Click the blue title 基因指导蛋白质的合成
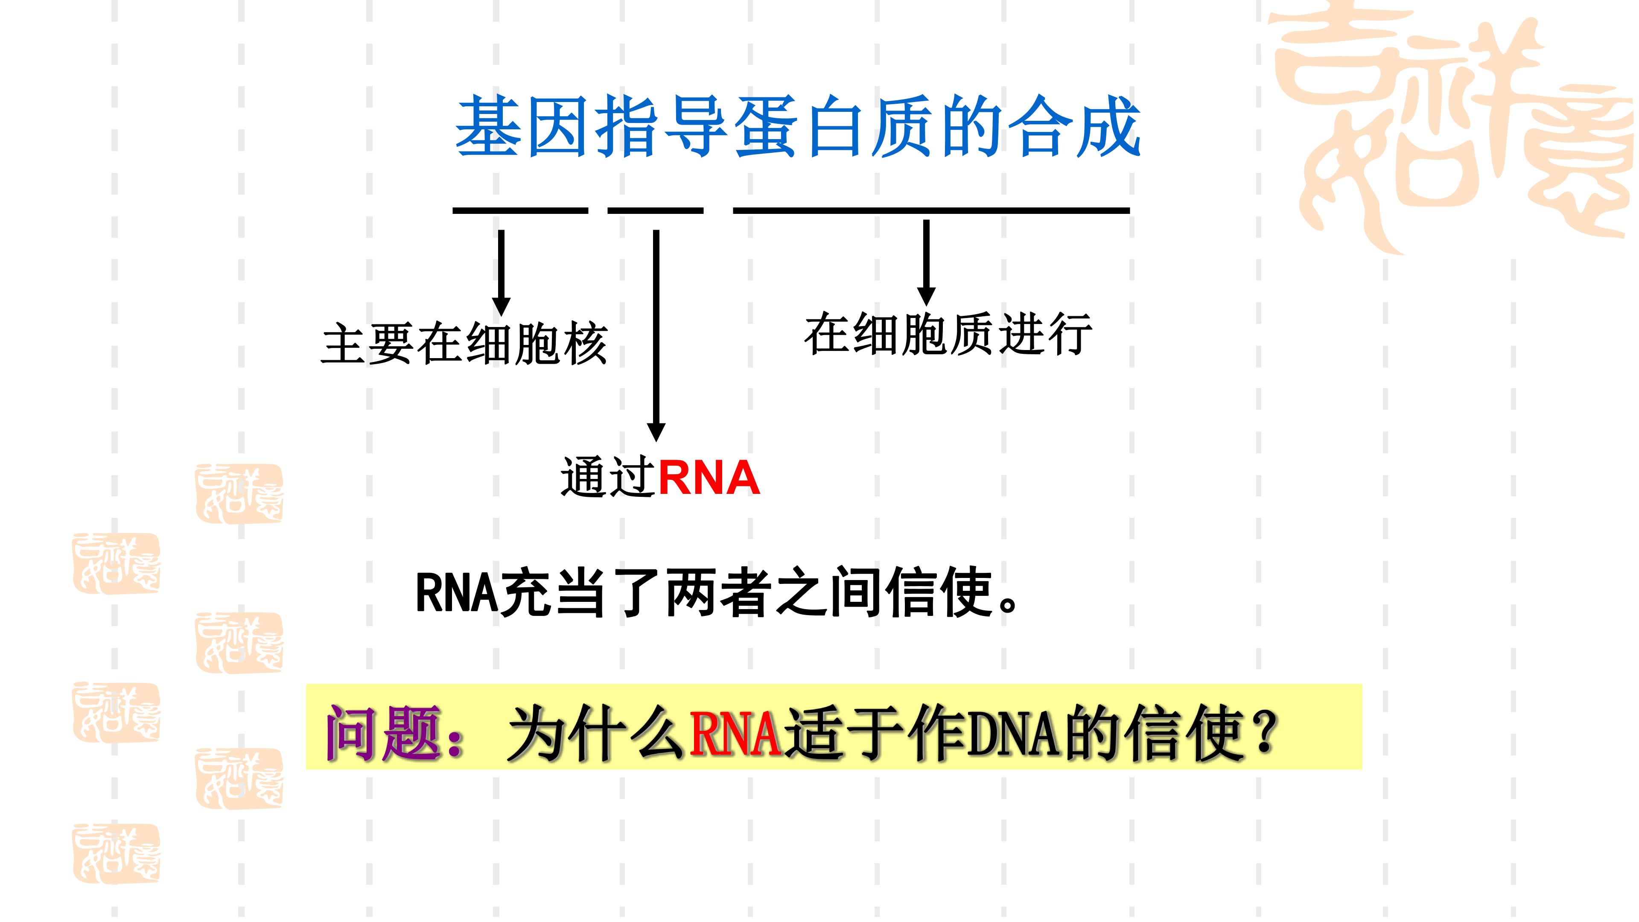click(798, 127)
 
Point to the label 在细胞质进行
click(948, 334)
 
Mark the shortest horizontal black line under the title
click(655, 210)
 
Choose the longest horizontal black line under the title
click(931, 210)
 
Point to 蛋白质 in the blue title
click(834, 127)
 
